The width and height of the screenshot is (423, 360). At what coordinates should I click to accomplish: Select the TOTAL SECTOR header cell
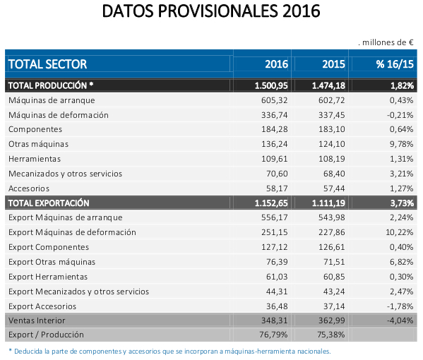[47, 64]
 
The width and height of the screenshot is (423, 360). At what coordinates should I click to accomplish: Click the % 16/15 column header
[394, 64]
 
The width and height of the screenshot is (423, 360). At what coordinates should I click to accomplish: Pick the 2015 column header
[333, 64]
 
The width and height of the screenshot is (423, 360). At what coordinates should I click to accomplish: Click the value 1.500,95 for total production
[271, 85]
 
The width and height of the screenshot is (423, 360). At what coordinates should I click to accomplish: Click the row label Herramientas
[35, 159]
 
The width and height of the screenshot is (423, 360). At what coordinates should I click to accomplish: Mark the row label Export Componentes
[49, 247]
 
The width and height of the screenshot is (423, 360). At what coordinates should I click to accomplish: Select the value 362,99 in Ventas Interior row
[331, 321]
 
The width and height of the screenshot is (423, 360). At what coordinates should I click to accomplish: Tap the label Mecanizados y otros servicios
[65, 174]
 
